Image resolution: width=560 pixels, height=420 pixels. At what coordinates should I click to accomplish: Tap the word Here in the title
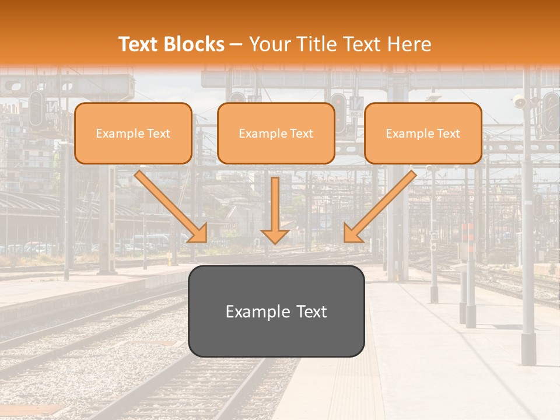(409, 44)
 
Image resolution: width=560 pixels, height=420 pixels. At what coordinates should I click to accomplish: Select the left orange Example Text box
(133, 133)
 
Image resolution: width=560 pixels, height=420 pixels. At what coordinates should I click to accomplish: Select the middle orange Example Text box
(276, 133)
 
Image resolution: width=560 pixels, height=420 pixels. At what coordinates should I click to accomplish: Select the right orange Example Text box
(423, 133)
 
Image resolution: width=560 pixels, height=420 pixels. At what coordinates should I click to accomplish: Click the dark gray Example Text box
(276, 311)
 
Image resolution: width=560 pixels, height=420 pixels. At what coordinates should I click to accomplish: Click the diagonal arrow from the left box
(169, 204)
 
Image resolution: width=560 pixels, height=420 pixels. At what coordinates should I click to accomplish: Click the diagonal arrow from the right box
(382, 204)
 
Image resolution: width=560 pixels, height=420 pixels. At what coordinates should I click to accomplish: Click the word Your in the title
(268, 44)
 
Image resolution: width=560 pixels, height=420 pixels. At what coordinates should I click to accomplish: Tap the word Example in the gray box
(257, 311)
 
